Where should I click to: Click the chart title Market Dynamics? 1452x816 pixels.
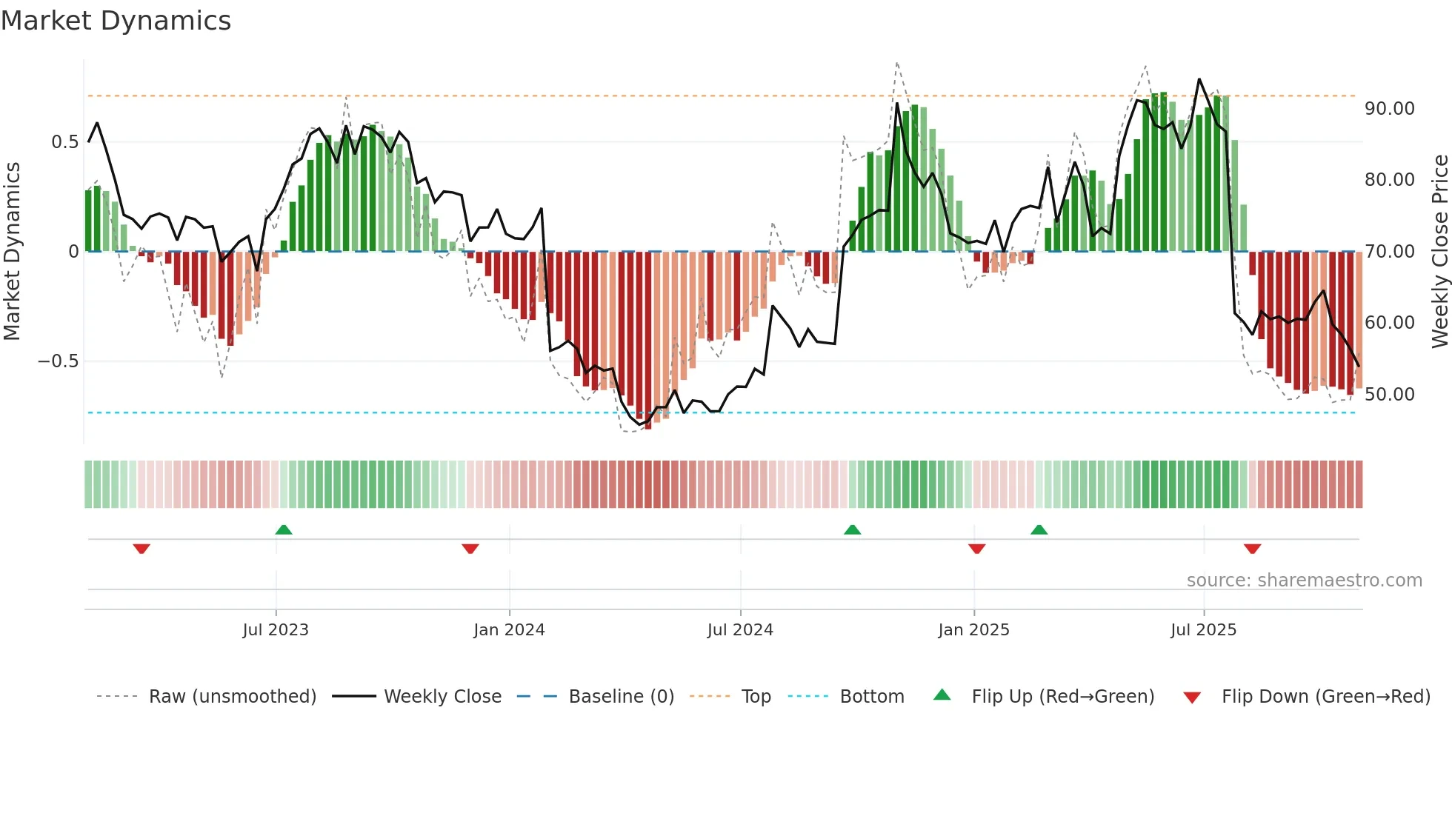click(116, 21)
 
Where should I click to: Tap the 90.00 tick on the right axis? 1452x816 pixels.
click(1389, 109)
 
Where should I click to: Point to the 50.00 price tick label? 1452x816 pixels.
click(1389, 395)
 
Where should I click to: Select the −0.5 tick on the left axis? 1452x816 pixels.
click(59, 361)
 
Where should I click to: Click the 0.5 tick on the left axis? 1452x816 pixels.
click(64, 142)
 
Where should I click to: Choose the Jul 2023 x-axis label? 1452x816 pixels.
click(276, 630)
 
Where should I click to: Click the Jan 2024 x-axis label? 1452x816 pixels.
click(509, 630)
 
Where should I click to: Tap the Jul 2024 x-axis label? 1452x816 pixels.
click(740, 630)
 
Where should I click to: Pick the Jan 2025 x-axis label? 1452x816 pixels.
click(973, 630)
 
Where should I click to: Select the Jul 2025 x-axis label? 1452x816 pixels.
click(1204, 630)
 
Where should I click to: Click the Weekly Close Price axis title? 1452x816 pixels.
click(1439, 252)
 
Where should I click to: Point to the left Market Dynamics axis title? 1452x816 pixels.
click(12, 252)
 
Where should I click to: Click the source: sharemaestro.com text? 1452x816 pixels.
click(1304, 581)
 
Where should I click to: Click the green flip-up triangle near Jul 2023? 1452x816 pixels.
click(284, 529)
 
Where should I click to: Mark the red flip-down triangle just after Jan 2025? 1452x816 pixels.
click(976, 549)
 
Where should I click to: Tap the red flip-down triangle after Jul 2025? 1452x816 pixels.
click(1252, 549)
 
